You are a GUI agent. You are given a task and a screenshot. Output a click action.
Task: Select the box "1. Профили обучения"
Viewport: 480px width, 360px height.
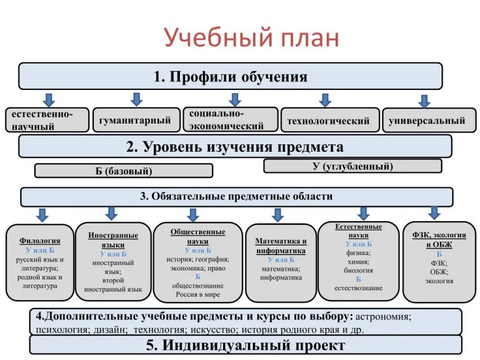tap(230, 77)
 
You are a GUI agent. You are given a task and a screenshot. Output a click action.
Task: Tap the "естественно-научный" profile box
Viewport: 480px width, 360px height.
tap(46, 120)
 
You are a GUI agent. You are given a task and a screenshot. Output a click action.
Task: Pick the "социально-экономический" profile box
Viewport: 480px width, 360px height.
tap(230, 119)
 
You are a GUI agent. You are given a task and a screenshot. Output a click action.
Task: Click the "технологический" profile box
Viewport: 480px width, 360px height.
tap(327, 121)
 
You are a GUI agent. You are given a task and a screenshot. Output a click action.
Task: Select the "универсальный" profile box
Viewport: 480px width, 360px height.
tap(427, 121)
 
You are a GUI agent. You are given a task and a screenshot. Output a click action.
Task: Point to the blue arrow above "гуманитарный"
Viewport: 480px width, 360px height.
tap(136, 99)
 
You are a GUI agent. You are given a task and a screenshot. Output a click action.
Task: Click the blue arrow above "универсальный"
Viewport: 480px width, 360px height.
tap(424, 101)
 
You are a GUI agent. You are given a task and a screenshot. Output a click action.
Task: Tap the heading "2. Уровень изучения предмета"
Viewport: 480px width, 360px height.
tap(234, 147)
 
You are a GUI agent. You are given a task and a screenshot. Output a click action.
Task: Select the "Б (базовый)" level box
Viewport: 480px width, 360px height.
tap(124, 171)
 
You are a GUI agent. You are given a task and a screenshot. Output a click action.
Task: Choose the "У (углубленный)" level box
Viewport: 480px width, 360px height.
tap(352, 166)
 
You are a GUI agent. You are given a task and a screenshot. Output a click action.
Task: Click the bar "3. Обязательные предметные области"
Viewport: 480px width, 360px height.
tap(236, 196)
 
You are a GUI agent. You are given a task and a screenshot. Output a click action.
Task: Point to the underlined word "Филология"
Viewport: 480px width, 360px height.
tap(40, 240)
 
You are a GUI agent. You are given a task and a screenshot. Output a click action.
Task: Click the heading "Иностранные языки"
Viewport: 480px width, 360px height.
tap(113, 240)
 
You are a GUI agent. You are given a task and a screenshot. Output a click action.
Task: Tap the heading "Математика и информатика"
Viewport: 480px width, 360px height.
tap(281, 246)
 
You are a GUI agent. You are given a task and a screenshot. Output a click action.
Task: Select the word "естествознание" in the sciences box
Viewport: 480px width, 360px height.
tap(358, 288)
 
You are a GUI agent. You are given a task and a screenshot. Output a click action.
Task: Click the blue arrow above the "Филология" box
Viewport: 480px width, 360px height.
tap(42, 215)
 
